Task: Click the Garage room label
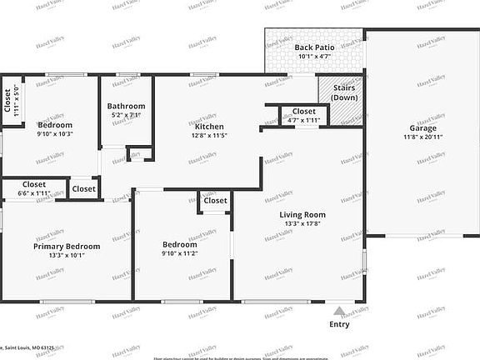pos(421,128)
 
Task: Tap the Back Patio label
pos(314,47)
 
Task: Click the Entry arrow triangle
pos(339,311)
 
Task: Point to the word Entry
pos(339,324)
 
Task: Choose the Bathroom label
pos(126,106)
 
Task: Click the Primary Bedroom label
pos(67,246)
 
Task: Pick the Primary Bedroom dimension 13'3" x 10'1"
pos(67,255)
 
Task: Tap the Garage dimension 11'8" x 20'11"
pos(421,138)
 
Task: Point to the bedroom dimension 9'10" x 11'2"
pos(179,253)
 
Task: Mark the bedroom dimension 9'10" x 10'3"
pos(55,133)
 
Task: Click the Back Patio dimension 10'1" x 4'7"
pos(314,57)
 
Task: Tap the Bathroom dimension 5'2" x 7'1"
pos(126,115)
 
